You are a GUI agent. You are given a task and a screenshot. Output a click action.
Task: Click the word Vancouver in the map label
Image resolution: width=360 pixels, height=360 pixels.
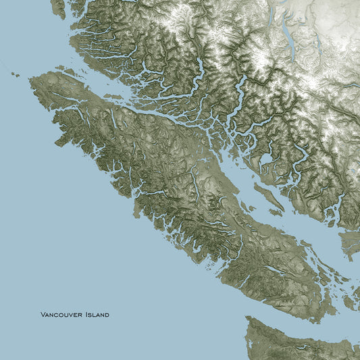click(x=62, y=315)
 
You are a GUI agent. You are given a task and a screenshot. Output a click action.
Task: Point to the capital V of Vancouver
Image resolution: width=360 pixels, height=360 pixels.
click(x=43, y=315)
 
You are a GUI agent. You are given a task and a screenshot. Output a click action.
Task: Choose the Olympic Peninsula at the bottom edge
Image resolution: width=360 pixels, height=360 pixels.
click(x=297, y=341)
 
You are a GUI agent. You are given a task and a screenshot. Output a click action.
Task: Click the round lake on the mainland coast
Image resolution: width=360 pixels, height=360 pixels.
click(x=265, y=161)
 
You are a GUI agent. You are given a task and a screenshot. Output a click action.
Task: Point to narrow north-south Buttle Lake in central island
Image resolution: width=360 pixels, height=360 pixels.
click(x=195, y=178)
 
